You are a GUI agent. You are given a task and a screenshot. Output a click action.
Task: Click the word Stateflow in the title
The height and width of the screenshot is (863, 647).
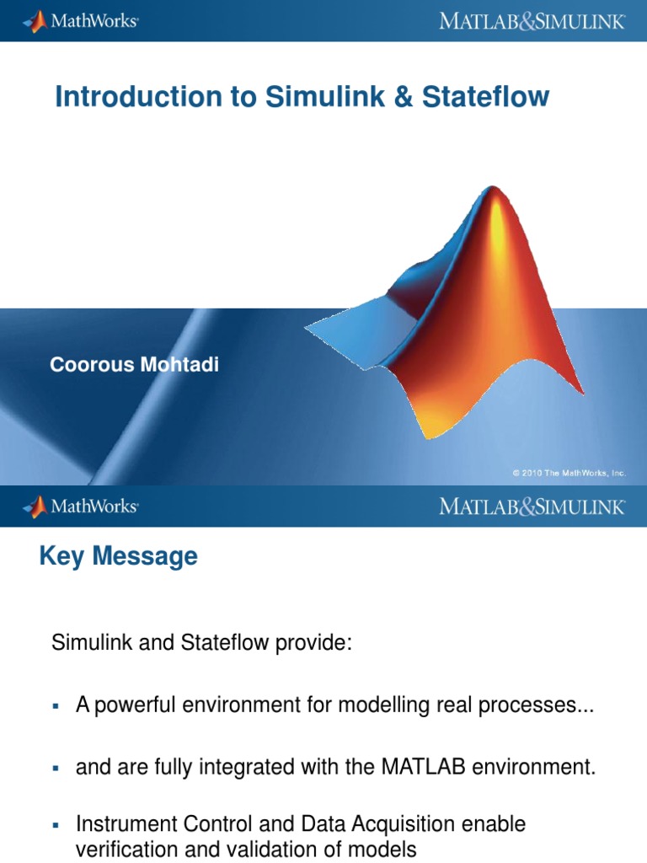485,96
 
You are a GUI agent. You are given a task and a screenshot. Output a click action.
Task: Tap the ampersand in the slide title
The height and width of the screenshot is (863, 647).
404,96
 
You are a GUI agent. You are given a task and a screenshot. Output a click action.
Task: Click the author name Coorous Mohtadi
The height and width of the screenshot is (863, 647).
134,364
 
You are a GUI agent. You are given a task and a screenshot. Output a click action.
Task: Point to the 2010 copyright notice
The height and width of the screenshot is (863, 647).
569,473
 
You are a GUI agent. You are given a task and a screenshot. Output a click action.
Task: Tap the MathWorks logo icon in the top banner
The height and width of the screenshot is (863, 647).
36,22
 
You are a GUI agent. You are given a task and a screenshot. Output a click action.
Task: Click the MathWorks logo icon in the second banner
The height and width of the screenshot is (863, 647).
36,507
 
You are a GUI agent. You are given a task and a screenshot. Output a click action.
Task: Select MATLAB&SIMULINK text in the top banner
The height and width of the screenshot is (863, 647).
532,21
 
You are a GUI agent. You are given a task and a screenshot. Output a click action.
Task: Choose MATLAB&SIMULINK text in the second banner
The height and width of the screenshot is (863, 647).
532,507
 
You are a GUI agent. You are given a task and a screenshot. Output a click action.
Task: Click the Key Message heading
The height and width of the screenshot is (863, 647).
118,556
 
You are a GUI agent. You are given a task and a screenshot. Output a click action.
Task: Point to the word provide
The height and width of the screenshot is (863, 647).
313,643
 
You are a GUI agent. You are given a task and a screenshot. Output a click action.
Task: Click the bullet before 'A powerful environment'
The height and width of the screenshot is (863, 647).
55,705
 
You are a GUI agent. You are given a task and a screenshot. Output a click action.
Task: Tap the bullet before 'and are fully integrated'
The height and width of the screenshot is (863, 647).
55,768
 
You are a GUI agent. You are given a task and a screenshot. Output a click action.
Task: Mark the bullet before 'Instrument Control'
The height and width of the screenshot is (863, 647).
55,825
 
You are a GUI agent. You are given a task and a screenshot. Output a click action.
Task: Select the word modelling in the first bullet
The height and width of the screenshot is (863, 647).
383,705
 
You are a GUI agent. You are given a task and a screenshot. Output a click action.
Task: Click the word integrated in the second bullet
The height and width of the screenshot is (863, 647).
245,767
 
